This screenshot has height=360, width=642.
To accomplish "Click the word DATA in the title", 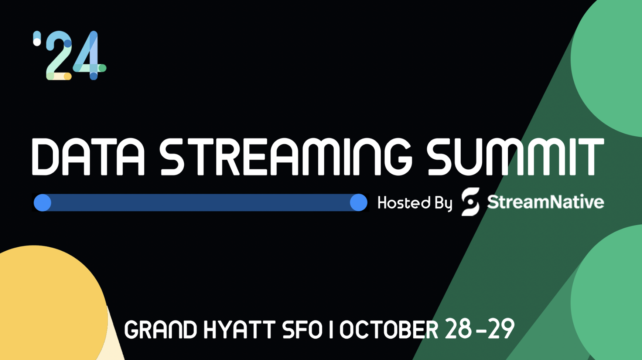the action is (88, 156).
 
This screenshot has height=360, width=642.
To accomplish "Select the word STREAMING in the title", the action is (286, 156).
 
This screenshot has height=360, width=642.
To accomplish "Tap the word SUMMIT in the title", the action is (515, 156).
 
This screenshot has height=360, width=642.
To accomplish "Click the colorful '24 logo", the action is (69, 55).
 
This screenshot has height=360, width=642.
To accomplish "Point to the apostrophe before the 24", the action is (37, 38).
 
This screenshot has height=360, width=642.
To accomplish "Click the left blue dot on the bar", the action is (42, 203).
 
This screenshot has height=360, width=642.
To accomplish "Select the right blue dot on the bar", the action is (358, 203).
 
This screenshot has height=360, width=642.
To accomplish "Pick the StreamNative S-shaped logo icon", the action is (471, 202).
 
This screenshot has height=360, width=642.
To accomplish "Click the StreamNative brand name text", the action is (546, 202).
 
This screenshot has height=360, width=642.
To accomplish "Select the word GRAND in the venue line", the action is (161, 330).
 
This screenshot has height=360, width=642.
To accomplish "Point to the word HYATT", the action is (239, 330).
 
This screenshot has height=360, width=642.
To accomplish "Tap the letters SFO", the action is (303, 330).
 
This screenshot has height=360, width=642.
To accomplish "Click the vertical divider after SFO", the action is (331, 330).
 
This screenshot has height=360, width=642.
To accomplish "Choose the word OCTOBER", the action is (389, 330).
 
